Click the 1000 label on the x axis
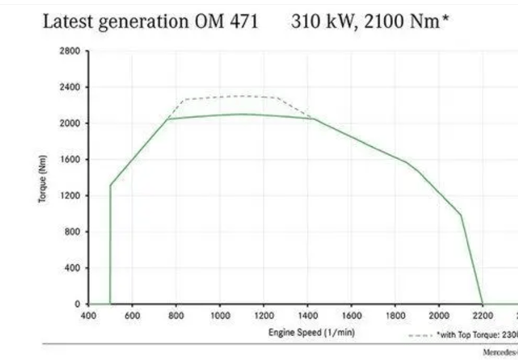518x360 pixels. coord(220,316)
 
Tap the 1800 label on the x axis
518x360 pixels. coord(395,316)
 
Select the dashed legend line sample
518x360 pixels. coord(420,335)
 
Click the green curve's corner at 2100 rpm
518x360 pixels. coord(461,215)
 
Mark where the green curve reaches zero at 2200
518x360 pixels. coord(483,303)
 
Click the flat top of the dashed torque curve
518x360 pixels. coord(241,96)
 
